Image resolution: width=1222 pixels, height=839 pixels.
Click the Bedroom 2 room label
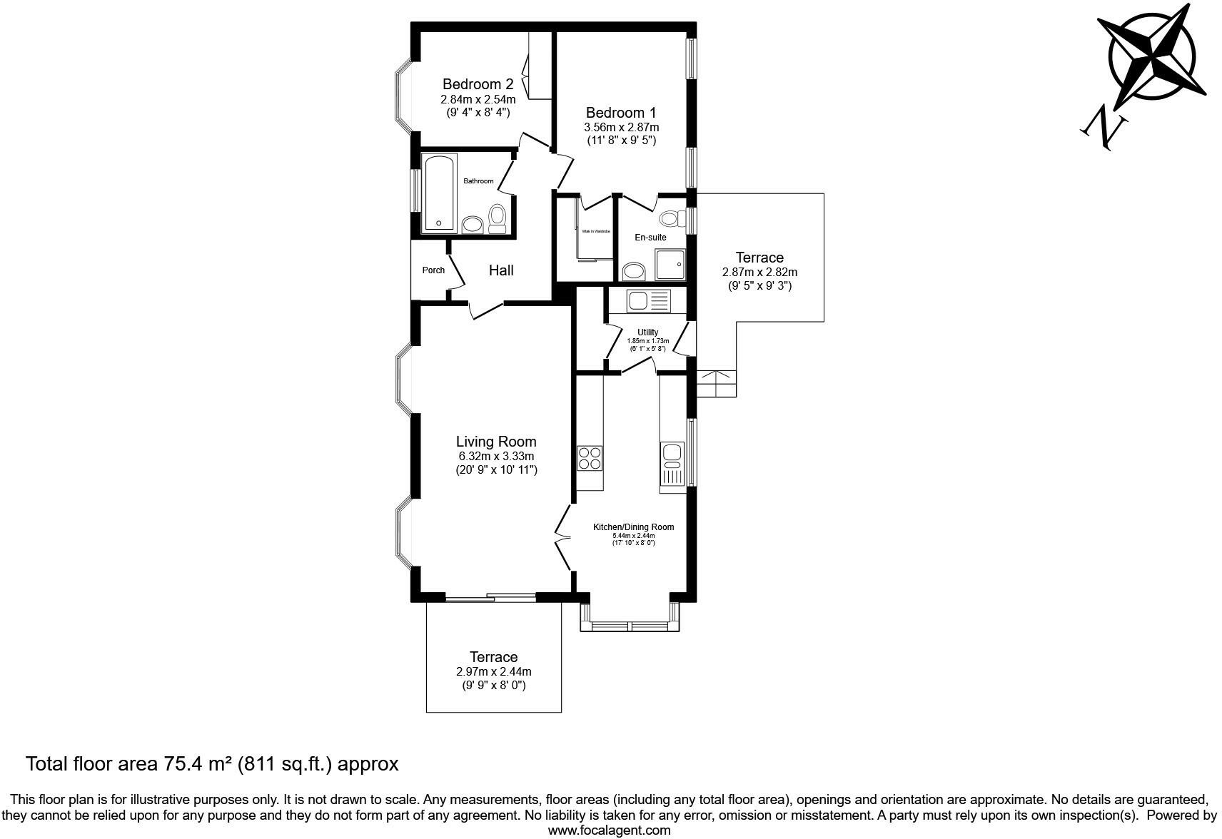pyautogui.click(x=478, y=84)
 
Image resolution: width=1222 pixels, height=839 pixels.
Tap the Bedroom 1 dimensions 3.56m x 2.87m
pyautogui.click(x=621, y=127)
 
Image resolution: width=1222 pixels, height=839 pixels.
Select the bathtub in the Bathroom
pyautogui.click(x=438, y=193)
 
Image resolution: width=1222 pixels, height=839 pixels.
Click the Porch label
pyautogui.click(x=433, y=270)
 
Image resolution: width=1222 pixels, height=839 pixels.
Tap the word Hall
pyautogui.click(x=501, y=270)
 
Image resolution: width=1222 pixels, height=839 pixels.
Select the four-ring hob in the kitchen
pyautogui.click(x=590, y=457)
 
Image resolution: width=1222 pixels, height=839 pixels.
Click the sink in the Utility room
pyautogui.click(x=648, y=300)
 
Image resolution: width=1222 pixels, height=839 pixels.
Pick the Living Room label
pyautogui.click(x=496, y=442)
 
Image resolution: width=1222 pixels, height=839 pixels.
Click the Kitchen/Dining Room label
pyautogui.click(x=633, y=527)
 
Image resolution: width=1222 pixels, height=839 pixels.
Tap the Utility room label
pyautogui.click(x=647, y=332)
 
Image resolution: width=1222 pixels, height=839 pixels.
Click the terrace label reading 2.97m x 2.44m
pyautogui.click(x=493, y=671)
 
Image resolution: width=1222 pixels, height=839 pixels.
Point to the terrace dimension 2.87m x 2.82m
pyautogui.click(x=759, y=272)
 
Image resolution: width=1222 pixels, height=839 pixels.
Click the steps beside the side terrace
pyautogui.click(x=716, y=384)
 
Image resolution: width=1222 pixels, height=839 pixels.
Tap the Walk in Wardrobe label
pyautogui.click(x=595, y=231)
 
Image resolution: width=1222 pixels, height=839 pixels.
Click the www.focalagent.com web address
pyautogui.click(x=609, y=830)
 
